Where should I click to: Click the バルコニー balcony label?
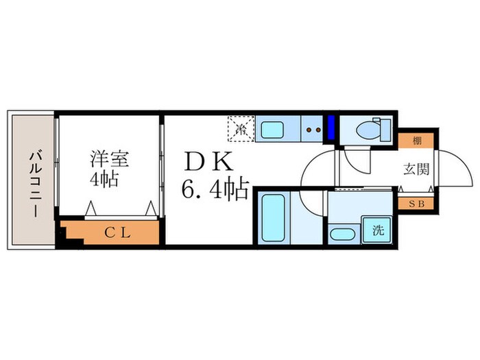coord(33,182)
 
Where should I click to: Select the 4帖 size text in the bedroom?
coord(105,180)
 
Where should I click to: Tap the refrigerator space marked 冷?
coord(241,128)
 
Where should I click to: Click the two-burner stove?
coord(313,128)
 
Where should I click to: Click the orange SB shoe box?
coord(416,204)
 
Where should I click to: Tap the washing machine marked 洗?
coord(377,230)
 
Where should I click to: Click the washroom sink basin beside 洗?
coord(342,234)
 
